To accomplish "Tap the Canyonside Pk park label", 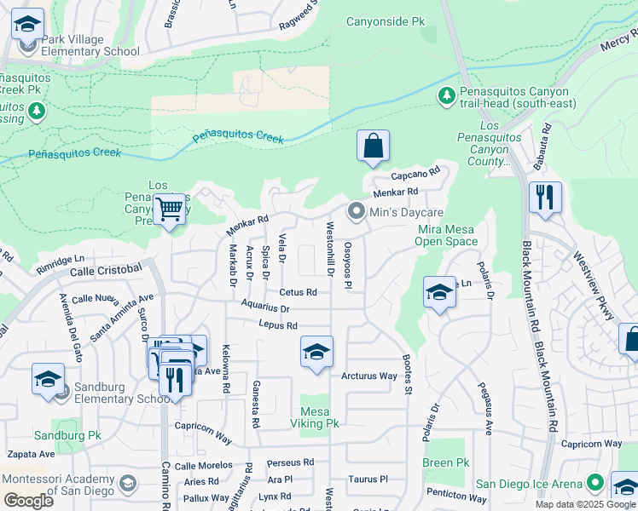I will (384, 20).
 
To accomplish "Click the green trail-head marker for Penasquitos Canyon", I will (446, 95).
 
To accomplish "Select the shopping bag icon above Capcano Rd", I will (373, 146).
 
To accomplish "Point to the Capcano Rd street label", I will (415, 175).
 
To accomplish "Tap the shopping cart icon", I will (170, 208).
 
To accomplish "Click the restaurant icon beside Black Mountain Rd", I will (544, 198).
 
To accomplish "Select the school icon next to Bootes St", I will (439, 293).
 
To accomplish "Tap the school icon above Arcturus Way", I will (316, 353).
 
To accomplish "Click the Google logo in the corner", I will (29, 500).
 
